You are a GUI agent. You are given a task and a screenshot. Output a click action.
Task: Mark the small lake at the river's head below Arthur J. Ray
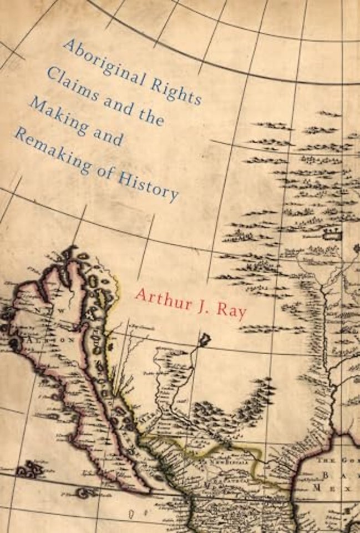click(204, 338)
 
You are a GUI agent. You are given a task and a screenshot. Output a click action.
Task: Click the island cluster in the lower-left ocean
click(30, 470)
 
